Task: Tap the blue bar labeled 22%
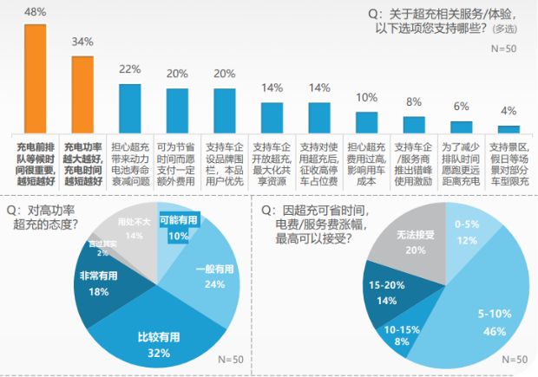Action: (x=130, y=105)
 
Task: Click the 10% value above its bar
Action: (x=367, y=97)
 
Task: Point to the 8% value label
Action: (x=414, y=101)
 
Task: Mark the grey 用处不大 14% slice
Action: (x=132, y=231)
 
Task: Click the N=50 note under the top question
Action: (x=503, y=49)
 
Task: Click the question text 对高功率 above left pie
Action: (x=52, y=211)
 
